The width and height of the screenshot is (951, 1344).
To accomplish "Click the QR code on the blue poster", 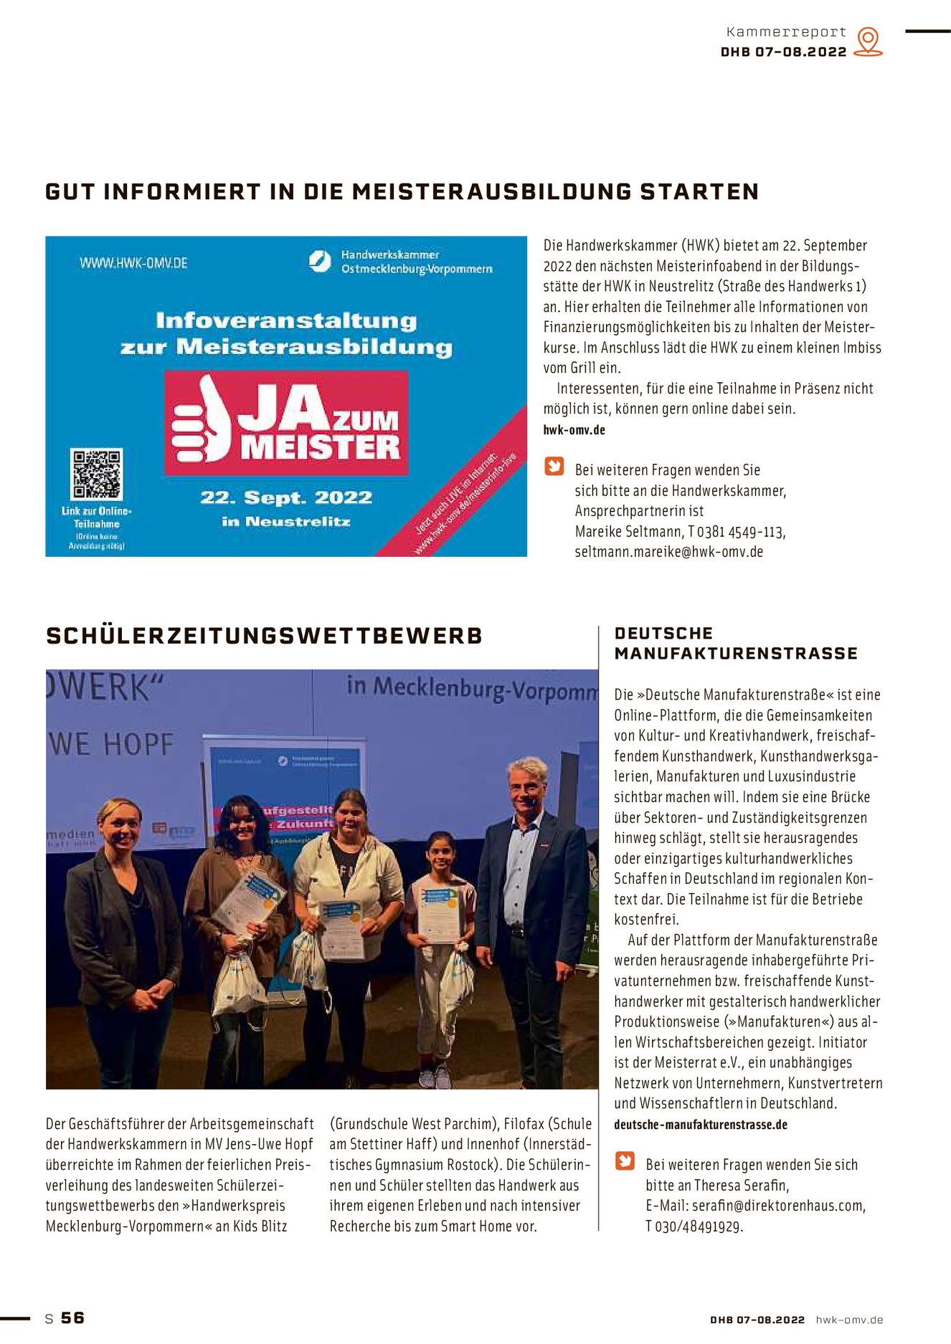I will click(x=96, y=473).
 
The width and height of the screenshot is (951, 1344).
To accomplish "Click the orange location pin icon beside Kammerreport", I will click(x=869, y=42).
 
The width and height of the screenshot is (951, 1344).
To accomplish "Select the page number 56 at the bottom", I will click(x=72, y=1317).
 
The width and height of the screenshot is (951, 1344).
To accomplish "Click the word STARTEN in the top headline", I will click(x=699, y=192).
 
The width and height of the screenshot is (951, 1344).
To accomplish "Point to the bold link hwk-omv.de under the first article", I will click(x=574, y=430).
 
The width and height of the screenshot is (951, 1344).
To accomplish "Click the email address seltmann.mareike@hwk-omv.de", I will click(x=668, y=552).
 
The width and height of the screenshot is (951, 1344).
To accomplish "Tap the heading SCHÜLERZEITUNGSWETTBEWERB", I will click(x=264, y=636).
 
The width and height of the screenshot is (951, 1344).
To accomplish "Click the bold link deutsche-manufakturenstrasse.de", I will click(x=700, y=1125).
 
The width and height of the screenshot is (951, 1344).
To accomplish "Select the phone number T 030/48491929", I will click(x=694, y=1226).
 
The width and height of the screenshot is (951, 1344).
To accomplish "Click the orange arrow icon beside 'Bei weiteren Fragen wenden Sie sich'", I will click(x=625, y=1160).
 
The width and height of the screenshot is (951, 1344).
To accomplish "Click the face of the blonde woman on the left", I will click(x=119, y=826).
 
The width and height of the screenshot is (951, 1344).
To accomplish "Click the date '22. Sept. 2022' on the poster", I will click(x=286, y=498).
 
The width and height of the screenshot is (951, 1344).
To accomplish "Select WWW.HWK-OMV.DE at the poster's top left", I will click(x=133, y=263).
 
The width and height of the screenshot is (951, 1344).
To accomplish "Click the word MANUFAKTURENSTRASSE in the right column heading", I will click(x=736, y=654).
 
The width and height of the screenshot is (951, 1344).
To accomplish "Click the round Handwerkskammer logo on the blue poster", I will click(x=320, y=261).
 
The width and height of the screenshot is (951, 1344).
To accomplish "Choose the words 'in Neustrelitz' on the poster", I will click(x=286, y=522).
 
